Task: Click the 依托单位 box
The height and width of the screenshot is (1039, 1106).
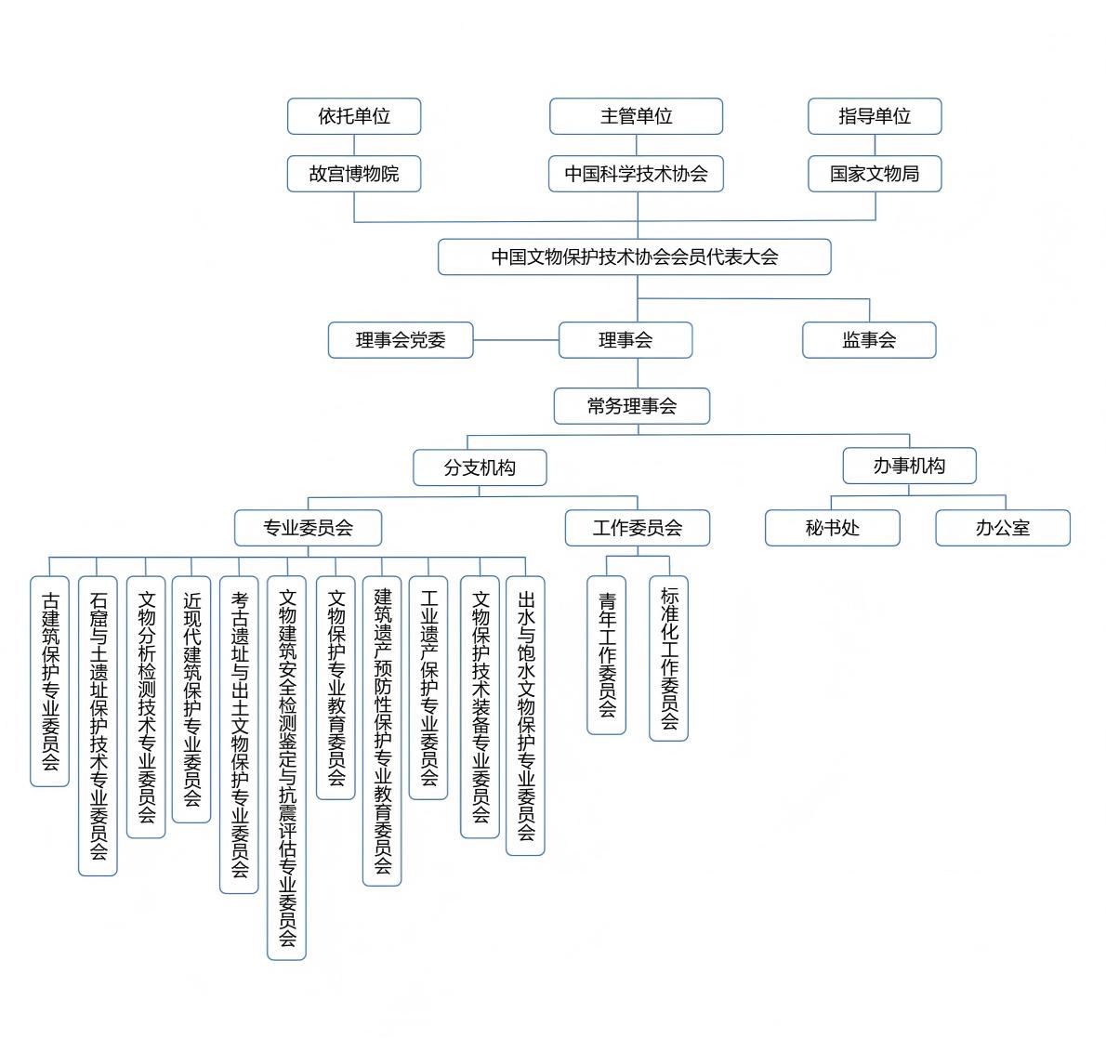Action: (x=354, y=116)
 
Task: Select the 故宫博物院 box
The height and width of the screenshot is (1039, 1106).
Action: (x=354, y=174)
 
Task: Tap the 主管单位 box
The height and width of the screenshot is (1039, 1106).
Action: (x=636, y=116)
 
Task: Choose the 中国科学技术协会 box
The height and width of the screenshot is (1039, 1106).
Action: (x=636, y=174)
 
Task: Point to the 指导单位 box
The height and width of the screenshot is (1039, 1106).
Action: (x=875, y=116)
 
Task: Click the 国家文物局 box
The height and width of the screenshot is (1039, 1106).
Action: (x=875, y=174)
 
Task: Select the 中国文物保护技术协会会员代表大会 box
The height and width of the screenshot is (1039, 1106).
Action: (x=634, y=257)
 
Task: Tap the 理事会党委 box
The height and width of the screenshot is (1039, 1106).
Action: (x=401, y=340)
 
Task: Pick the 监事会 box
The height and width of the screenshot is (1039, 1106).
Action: (x=869, y=340)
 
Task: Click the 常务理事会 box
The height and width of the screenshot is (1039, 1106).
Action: (x=632, y=406)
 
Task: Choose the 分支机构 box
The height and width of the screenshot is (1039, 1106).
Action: (x=480, y=467)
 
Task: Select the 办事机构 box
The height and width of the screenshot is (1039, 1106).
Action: (x=909, y=466)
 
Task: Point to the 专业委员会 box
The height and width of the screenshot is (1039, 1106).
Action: (x=308, y=528)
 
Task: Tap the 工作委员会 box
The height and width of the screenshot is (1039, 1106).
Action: (x=638, y=528)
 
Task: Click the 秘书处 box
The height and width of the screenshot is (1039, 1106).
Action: (x=832, y=528)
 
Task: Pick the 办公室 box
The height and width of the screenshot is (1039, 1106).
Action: (x=1002, y=528)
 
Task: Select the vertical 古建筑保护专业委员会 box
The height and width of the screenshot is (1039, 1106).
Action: (x=50, y=681)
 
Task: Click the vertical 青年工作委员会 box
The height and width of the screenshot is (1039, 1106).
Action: (x=607, y=655)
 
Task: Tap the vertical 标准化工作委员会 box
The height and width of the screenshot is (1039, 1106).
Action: (x=669, y=658)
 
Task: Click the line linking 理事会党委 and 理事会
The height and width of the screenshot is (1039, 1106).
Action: (x=516, y=340)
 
